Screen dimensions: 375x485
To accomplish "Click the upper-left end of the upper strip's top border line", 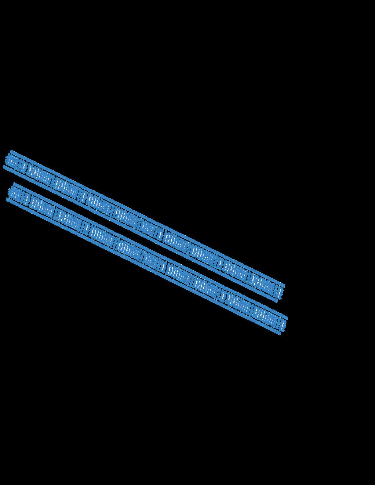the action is tap(11, 151).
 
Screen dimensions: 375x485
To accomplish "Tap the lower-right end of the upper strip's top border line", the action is tap(284, 285).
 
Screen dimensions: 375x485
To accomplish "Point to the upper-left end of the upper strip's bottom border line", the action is tap(4, 167).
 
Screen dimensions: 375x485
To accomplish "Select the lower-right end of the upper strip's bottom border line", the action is tap(277, 301).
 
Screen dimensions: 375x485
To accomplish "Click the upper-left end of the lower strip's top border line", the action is tap(14, 184).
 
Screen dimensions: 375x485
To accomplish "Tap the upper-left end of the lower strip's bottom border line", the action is tap(7, 199).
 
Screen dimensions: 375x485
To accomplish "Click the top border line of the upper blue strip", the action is tap(148, 218).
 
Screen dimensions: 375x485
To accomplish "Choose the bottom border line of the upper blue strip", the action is tap(141, 234).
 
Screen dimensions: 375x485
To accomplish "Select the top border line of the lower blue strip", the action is tap(151, 251).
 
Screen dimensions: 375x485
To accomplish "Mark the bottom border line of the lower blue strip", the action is tap(144, 266).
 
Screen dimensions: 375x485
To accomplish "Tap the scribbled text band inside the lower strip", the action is tap(147, 259).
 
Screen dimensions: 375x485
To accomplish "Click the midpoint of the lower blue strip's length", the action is tap(147, 259).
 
